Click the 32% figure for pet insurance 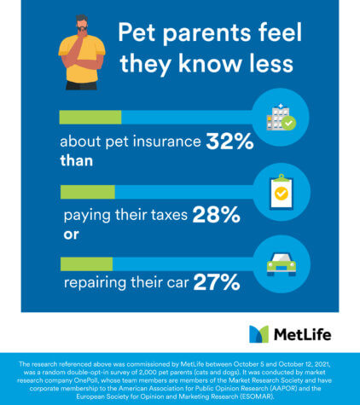pyautogui.click(x=229, y=142)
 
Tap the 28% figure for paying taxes pyautogui.click(x=216, y=215)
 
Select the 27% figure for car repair pyautogui.click(x=216, y=282)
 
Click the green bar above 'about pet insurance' pyautogui.click(x=90, y=118)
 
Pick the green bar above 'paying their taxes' pyautogui.click(x=86, y=192)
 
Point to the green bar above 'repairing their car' pyautogui.click(x=85, y=263)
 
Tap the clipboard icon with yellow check pyautogui.click(x=280, y=192)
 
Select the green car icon pyautogui.click(x=280, y=263)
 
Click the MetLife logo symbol pyautogui.click(x=258, y=333)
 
